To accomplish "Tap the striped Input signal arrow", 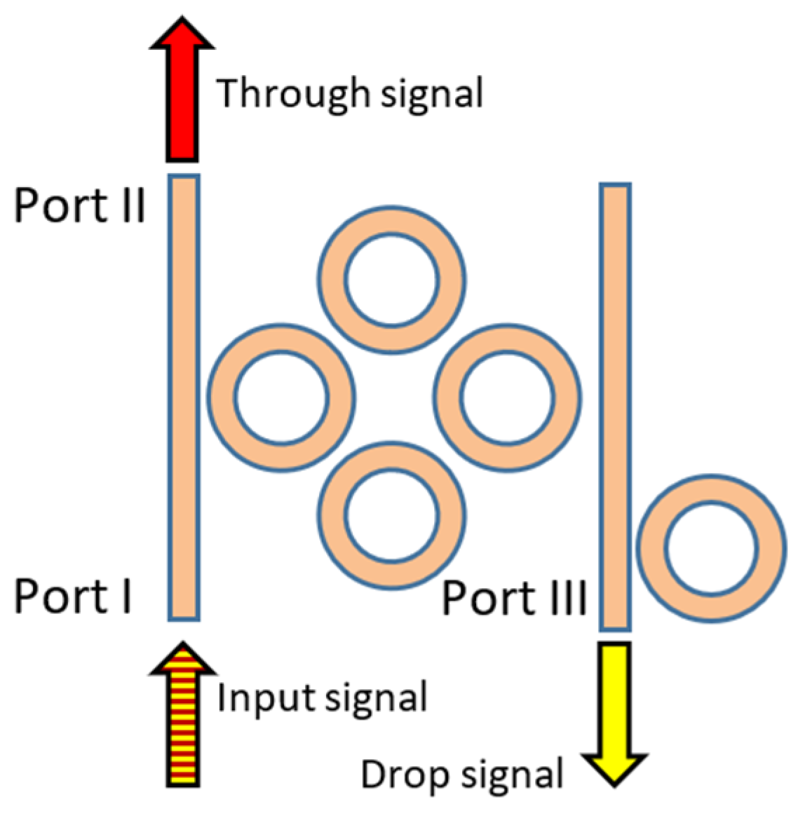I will tap(182, 722).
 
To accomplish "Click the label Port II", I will tap(80, 206).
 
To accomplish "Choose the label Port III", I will tap(514, 599).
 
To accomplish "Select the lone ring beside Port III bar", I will tap(771, 548).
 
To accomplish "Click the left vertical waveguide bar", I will tap(184, 397).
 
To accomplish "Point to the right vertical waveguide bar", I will tap(615, 407).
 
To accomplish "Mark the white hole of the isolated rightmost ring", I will tap(711, 548).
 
